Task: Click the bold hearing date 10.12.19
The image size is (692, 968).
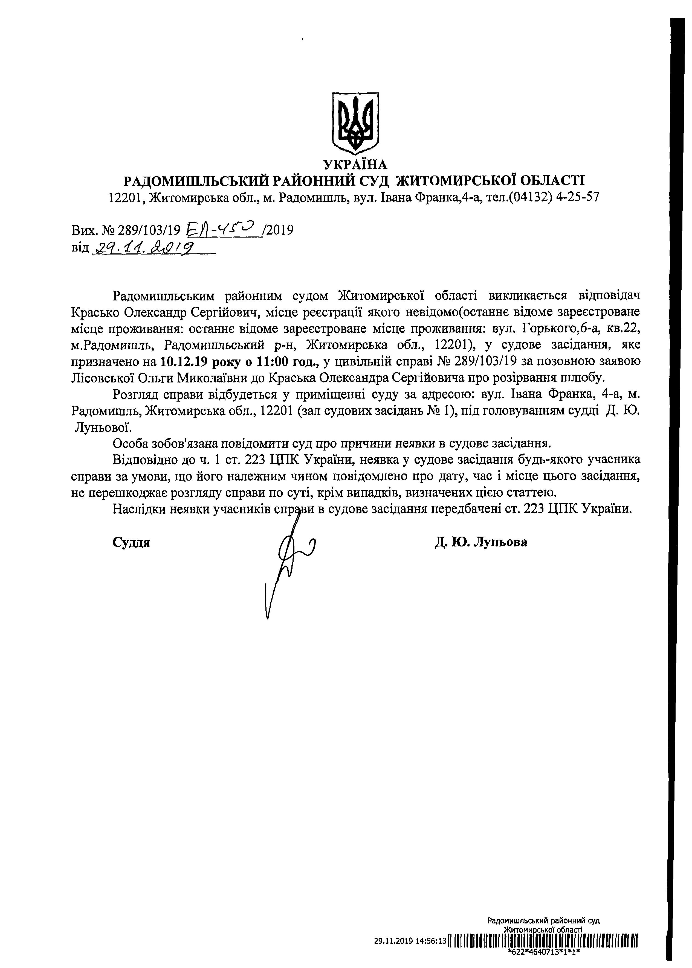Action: point(184,362)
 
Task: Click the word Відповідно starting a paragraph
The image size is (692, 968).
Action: point(146,461)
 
